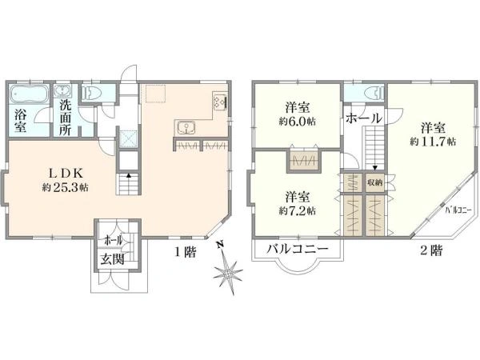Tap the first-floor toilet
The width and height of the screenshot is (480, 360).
[94, 93]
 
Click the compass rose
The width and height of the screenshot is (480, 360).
[229, 273]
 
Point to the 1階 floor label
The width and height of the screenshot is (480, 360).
[186, 250]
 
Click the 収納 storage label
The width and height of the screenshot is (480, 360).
[375, 182]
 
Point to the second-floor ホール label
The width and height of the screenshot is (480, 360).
[363, 118]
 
